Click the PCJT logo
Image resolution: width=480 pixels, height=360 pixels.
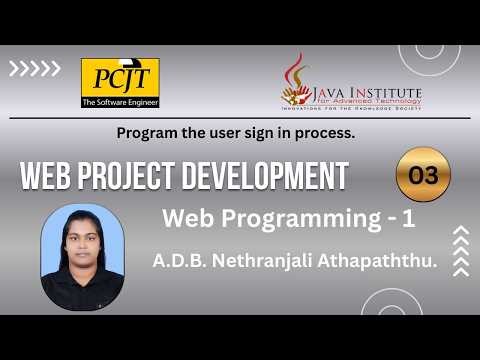pyautogui.click(x=120, y=83)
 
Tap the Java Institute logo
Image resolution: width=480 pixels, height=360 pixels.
pyautogui.click(x=351, y=84)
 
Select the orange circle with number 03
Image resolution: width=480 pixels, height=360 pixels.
pyautogui.click(x=423, y=174)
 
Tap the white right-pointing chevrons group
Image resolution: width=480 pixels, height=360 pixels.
pyautogui.click(x=35, y=70)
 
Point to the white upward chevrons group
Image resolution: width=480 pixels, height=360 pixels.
pyautogui.click(x=461, y=249)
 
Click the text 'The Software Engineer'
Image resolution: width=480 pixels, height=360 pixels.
pyautogui.click(x=120, y=102)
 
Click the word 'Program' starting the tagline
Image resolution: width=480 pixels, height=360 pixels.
pyautogui.click(x=144, y=132)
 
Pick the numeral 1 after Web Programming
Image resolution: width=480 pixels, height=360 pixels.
pyautogui.click(x=367, y=217)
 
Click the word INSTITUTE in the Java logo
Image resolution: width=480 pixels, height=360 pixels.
pyautogui.click(x=385, y=92)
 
